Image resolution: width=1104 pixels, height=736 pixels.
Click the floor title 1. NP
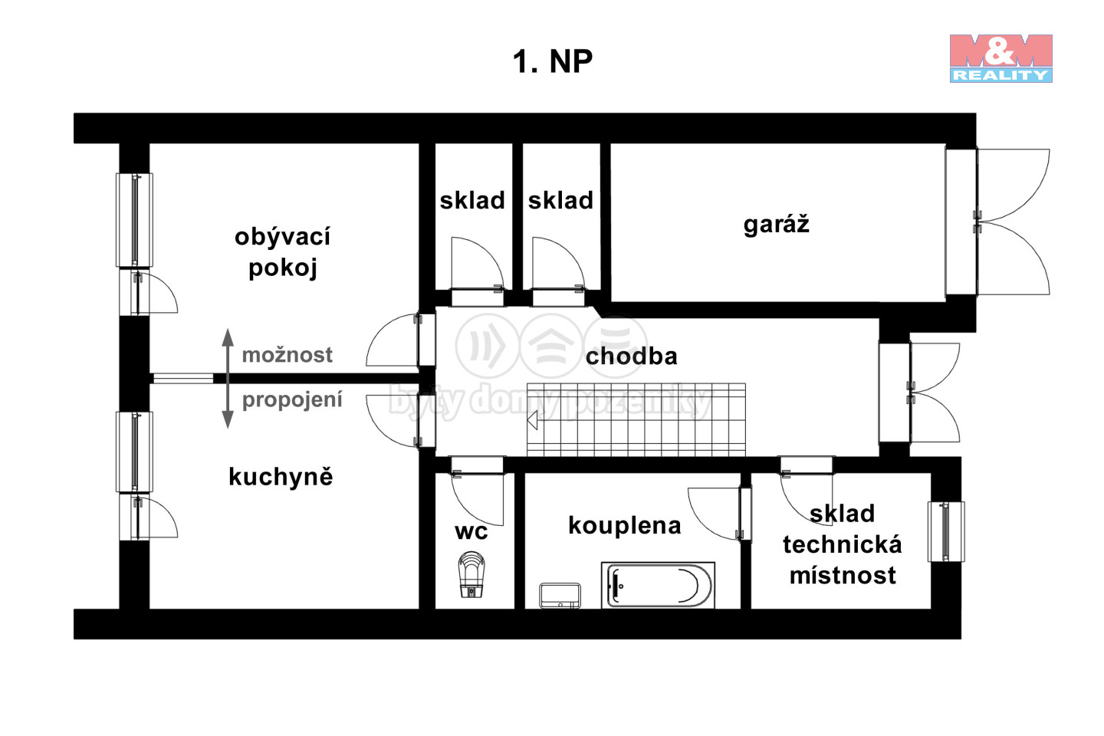point(553,61)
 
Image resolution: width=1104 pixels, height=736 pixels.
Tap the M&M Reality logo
point(1001,58)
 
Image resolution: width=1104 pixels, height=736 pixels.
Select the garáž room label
point(776,225)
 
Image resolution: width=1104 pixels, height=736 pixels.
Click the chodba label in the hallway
point(632,356)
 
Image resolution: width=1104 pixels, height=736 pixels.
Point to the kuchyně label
point(281,477)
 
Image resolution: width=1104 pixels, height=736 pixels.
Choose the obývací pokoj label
point(282,251)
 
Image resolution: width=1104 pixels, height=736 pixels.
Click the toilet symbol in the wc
point(472,575)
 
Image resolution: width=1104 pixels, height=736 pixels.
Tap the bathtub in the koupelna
point(659,585)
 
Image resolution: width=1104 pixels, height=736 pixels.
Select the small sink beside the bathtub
point(560,596)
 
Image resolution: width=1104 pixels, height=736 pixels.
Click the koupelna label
point(624,526)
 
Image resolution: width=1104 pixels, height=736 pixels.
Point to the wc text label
point(472,532)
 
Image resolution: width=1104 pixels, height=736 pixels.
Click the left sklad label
point(472,201)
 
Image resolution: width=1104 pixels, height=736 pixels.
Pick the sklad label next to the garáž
point(560,201)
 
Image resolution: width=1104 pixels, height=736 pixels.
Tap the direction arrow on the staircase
point(532,420)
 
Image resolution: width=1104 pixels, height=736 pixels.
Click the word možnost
point(287,355)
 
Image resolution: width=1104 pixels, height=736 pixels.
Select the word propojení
point(292,399)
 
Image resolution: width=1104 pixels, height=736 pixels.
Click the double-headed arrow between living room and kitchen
point(227,378)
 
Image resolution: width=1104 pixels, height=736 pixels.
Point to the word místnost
point(843,575)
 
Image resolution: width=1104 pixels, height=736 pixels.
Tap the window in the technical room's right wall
point(946,532)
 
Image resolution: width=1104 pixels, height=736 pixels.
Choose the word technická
point(843,544)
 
